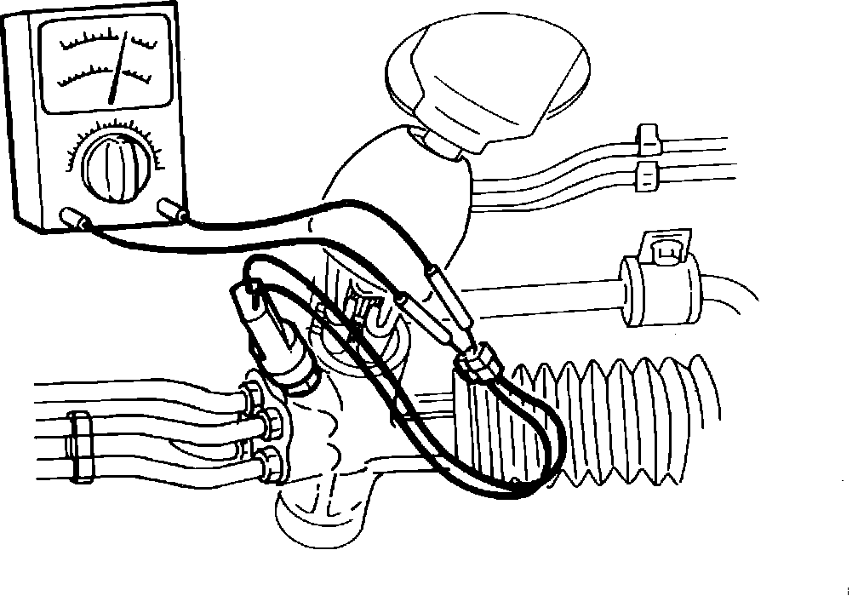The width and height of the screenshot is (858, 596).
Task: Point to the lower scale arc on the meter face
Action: point(94,77)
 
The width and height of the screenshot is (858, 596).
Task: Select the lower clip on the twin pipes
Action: point(649,175)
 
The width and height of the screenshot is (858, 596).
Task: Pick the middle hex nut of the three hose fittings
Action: point(274,418)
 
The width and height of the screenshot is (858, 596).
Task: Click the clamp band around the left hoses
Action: point(83,444)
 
